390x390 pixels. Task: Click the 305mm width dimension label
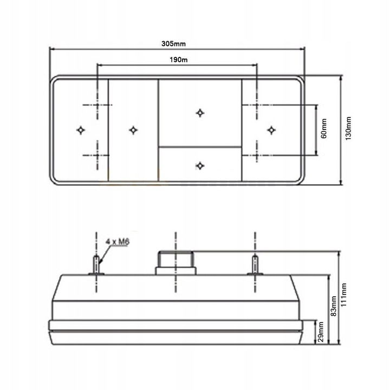tap(173, 44)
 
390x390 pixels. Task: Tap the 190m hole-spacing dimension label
tap(179, 60)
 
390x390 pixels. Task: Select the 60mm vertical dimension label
tap(324, 128)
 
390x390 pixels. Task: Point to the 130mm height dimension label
tap(348, 128)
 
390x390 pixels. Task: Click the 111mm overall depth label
tap(343, 295)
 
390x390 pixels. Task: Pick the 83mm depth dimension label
tap(334, 306)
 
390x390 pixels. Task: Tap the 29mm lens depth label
tap(321, 332)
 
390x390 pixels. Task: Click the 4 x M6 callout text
tap(118, 242)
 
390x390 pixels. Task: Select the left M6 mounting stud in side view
tap(96, 265)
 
